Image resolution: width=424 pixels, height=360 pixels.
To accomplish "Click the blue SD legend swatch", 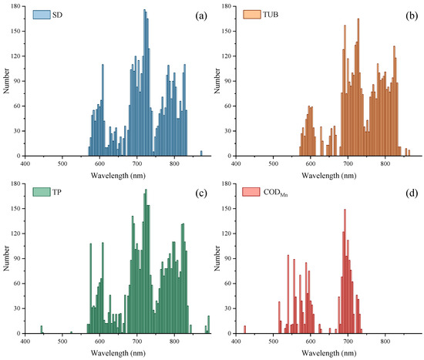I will point(38,15).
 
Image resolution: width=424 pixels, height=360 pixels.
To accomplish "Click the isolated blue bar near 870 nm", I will point(201,153).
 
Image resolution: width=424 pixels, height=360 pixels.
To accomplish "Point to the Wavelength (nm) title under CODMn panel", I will point(329,353).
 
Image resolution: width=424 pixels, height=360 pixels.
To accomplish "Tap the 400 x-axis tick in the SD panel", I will point(25,163).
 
